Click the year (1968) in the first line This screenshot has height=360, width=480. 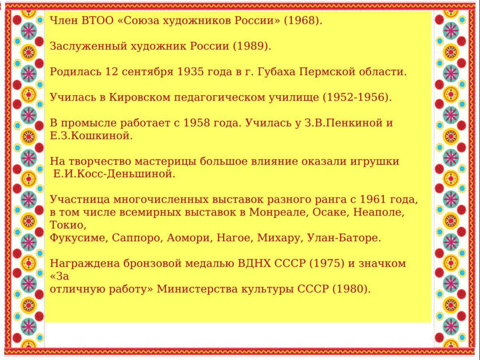(303, 21)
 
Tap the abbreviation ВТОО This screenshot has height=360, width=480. (97, 20)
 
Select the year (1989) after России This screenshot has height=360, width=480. (252, 46)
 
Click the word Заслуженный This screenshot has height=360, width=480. (88, 46)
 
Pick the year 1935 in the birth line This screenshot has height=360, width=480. (190, 72)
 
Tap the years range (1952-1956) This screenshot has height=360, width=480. (357, 98)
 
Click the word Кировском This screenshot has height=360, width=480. (140, 98)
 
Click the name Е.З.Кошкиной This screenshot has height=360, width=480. (91, 136)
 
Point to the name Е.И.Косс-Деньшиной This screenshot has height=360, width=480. (114, 174)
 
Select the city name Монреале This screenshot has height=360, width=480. (279, 212)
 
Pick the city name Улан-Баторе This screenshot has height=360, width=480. (344, 238)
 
